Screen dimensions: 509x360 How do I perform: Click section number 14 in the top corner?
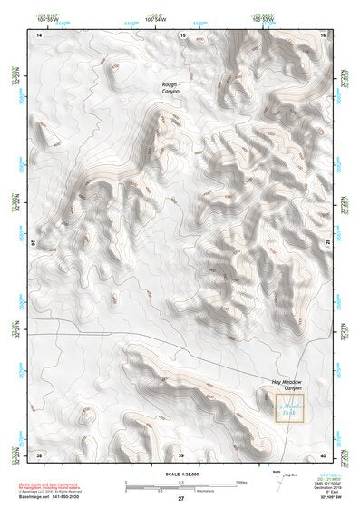coord(39,34)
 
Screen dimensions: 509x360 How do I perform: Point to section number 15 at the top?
coord(182,34)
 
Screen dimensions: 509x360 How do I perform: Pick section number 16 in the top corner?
coord(323,34)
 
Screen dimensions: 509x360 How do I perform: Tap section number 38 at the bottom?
coord(39,454)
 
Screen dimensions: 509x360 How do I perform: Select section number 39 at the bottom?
coord(180,454)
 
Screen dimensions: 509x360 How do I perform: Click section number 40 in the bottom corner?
coord(323,454)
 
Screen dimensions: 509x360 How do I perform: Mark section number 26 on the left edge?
coord(37,243)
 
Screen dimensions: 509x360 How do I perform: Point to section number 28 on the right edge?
coord(325,243)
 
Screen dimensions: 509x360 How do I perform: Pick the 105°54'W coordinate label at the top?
coord(156,18)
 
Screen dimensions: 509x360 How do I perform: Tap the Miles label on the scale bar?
coord(238,482)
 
